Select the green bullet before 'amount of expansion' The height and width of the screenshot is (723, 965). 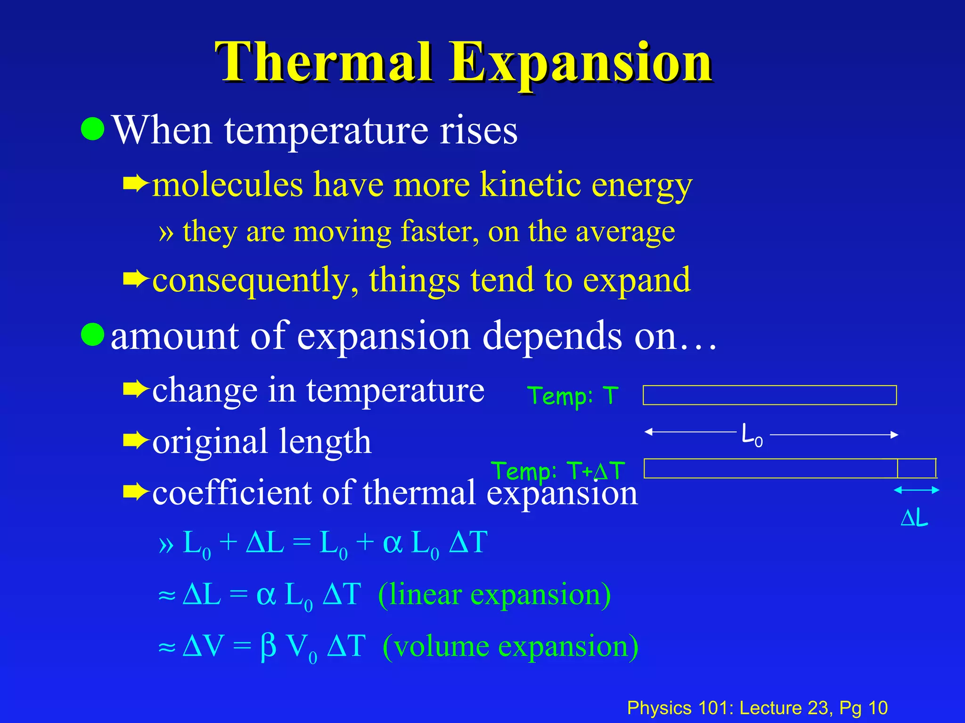tap(92, 334)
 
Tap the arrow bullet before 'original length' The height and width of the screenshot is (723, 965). tap(135, 441)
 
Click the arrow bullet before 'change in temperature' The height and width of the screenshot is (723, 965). tap(135, 390)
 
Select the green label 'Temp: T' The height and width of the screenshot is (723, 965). tap(572, 395)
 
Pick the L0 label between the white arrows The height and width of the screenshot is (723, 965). tap(752, 435)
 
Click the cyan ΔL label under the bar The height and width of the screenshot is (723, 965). tap(914, 518)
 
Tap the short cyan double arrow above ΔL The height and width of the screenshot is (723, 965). tap(916, 490)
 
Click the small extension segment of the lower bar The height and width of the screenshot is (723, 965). tap(916, 468)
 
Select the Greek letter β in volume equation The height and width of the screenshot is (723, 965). tap(268, 646)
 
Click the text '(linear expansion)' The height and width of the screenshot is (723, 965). tap(494, 594)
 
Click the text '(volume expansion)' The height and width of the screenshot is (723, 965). tap(510, 646)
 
